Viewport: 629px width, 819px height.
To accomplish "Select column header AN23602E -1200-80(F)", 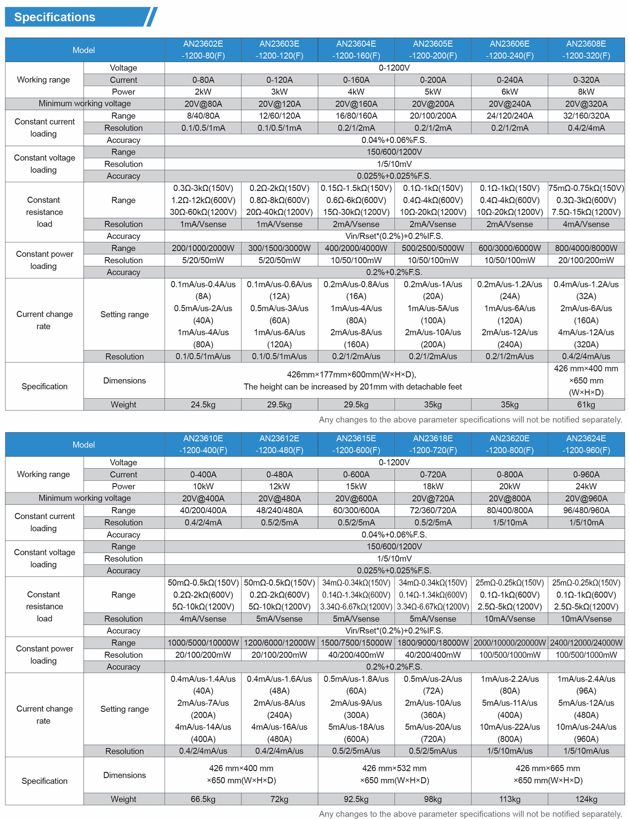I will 203,50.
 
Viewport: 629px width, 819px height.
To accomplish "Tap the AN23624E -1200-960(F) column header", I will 586,444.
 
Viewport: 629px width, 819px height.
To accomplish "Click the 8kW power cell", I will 586,92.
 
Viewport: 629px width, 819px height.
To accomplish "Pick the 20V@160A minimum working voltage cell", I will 356,104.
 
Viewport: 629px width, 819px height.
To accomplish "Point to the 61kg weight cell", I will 586,405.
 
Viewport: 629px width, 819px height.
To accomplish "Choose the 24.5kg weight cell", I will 203,405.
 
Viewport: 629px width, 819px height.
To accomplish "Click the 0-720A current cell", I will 432,474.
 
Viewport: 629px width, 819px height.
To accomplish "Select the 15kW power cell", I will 356,486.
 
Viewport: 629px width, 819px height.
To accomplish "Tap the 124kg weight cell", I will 586,799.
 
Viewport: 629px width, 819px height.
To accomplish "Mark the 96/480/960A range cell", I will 586,510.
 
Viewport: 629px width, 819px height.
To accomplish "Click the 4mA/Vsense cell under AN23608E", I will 586,224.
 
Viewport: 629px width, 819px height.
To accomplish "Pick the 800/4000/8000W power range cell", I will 586,248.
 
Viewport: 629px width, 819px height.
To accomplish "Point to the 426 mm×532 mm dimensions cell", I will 394,774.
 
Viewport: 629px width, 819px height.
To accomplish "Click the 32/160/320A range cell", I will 586,116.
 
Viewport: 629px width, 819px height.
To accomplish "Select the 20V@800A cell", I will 509,498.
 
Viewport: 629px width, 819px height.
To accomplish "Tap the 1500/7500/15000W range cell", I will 356,643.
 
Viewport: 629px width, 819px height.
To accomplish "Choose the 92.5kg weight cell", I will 356,799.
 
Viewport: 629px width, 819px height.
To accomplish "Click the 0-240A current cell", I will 509,80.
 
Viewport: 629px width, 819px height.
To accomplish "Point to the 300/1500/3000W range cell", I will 279,248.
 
